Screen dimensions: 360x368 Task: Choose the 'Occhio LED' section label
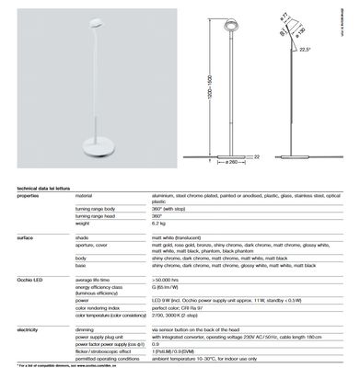coord(30,277)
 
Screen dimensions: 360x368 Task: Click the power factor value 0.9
coord(156,344)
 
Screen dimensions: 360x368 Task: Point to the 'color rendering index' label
coord(101,305)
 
